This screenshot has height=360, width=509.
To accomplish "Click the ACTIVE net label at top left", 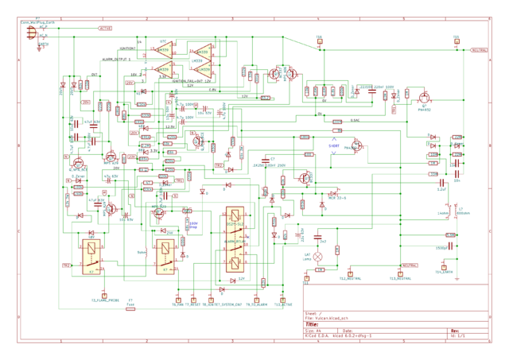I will (x=105, y=29).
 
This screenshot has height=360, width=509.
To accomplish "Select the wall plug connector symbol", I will (x=32, y=31).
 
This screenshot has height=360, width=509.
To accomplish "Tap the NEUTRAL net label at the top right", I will (x=479, y=50).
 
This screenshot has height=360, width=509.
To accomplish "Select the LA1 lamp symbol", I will (x=319, y=257).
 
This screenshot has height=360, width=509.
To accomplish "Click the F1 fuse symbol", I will (x=131, y=306).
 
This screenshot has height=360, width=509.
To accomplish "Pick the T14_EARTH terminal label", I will (x=444, y=272).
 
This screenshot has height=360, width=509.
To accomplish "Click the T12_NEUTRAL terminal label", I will (x=351, y=279).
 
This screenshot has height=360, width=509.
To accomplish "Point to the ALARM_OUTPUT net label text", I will (x=115, y=60).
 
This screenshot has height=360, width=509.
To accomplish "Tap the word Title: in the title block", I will (x=312, y=324).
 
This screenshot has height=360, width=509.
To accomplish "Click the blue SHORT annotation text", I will (x=334, y=147).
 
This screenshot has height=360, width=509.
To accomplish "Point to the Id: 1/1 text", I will (x=458, y=336).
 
